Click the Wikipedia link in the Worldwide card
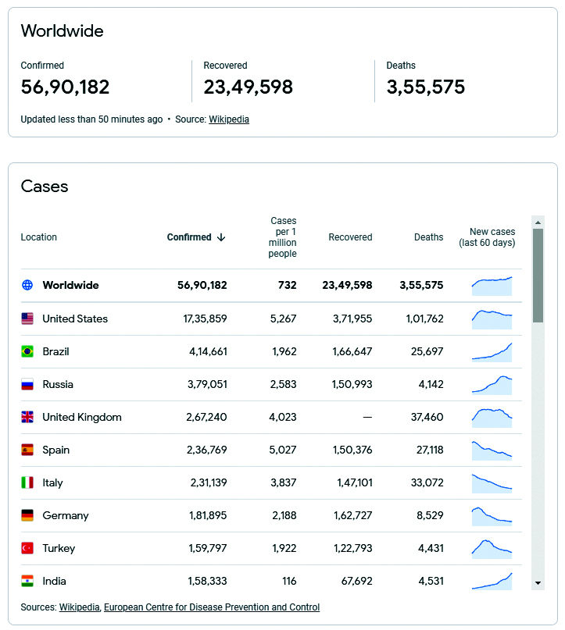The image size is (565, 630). [229, 119]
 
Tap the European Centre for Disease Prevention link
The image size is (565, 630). [212, 607]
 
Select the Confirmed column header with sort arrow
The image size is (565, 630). [196, 237]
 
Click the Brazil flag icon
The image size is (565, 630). [27, 351]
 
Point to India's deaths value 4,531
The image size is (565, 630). [431, 581]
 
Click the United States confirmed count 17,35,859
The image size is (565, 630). [205, 319]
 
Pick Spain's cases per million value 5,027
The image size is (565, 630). [283, 450]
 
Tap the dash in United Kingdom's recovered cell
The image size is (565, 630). [367, 418]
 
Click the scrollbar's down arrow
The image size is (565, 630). [538, 583]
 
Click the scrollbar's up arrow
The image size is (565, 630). [538, 222]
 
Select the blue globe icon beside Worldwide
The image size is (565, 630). [27, 285]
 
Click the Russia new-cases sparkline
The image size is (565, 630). [492, 385]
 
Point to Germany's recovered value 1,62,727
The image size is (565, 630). [352, 515]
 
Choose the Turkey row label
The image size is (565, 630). [59, 549]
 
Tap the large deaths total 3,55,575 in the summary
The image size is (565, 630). [425, 87]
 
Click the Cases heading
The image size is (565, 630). [45, 187]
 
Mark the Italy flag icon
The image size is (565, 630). [27, 482]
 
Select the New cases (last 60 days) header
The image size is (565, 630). [487, 237]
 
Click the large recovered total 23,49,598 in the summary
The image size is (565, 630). [249, 87]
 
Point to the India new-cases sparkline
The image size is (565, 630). [492, 582]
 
